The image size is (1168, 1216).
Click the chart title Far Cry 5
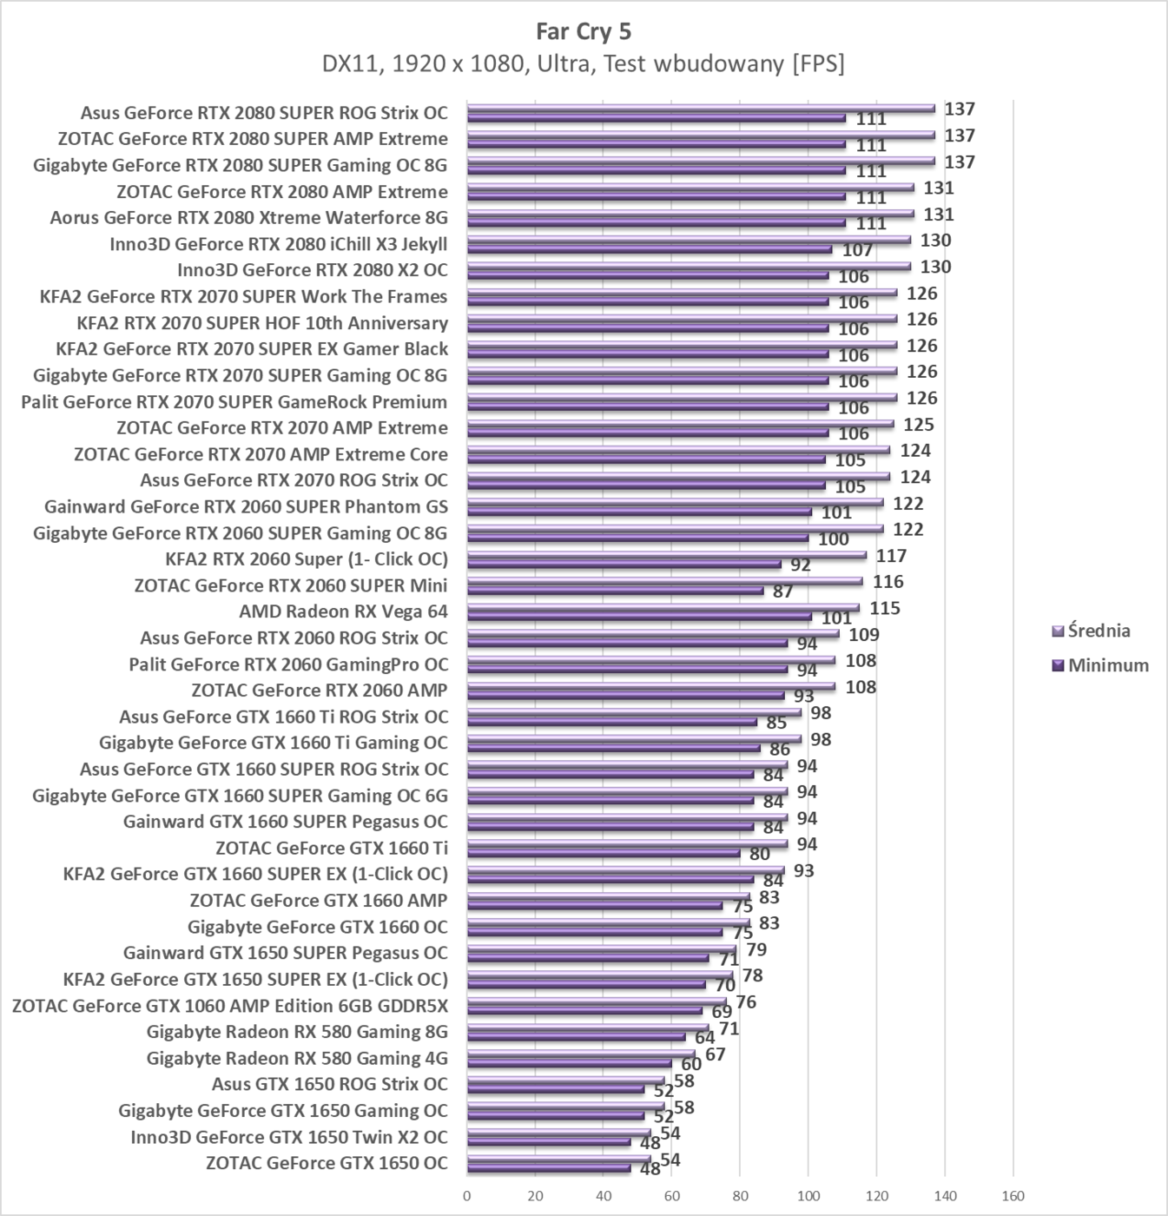coord(584,32)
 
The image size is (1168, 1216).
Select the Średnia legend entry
coord(1099,631)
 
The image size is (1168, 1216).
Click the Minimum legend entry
coord(1107,665)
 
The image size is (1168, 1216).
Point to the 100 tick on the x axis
coord(808,1196)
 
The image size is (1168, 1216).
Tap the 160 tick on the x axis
coord(1013,1196)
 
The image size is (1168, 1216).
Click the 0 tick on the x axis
coord(467,1196)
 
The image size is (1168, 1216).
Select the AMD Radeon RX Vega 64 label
coord(343,611)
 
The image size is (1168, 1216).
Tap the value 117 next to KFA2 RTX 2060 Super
coord(891,556)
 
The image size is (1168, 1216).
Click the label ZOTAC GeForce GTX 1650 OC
coord(327,1163)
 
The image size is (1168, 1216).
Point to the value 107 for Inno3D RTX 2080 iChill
coord(857,250)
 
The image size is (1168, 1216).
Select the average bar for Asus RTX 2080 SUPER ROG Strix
coord(700,109)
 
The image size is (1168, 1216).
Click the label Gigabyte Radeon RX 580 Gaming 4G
coord(297,1058)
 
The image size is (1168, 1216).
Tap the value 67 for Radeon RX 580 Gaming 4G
coord(715,1054)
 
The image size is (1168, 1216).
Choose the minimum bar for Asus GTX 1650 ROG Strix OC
coord(556,1089)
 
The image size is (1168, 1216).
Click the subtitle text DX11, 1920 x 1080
coord(583,63)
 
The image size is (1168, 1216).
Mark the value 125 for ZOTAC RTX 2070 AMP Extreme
coord(919,425)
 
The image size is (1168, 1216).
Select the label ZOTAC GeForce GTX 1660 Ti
coord(332,848)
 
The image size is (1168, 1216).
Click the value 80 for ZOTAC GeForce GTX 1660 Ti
coord(760,855)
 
